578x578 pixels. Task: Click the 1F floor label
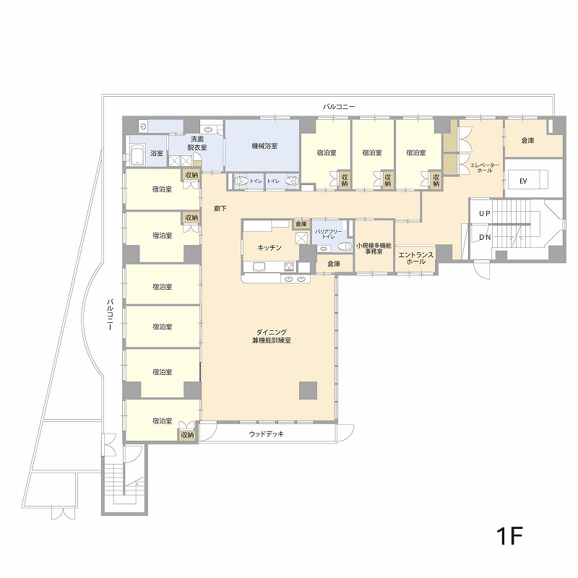click(509, 536)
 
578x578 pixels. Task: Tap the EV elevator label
click(522, 181)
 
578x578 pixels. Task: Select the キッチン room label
click(269, 248)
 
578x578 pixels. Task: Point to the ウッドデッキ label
click(266, 434)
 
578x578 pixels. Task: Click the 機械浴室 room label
click(264, 146)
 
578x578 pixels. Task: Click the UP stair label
click(485, 213)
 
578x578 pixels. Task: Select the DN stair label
click(485, 238)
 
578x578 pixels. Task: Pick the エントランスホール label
click(416, 258)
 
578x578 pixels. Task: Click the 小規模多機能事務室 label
click(374, 249)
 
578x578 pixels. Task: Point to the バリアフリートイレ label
click(328, 234)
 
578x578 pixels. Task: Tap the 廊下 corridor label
click(220, 209)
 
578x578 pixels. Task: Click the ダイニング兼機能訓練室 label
click(272, 337)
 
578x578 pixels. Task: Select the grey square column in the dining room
click(309, 391)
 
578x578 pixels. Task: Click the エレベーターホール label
click(484, 168)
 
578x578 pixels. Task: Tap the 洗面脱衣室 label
click(197, 143)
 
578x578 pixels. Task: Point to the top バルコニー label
click(339, 107)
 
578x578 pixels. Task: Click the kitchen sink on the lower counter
click(258, 266)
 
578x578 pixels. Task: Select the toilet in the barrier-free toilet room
click(345, 246)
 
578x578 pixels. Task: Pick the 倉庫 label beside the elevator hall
click(528, 140)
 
